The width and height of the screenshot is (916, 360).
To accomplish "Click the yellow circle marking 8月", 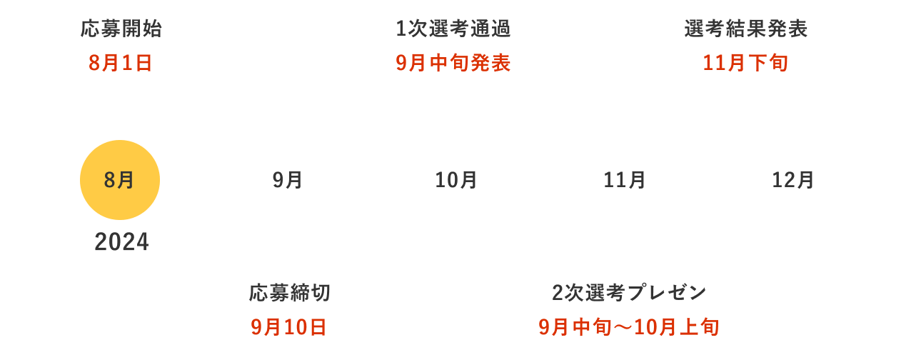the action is point(120,180).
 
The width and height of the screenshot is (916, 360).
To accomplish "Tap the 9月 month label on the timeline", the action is point(288,181).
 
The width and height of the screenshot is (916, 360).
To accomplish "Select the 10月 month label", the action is point(456,181).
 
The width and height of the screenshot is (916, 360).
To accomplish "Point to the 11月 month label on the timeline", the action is point(625,181).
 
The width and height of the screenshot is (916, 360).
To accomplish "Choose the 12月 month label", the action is point(793,181).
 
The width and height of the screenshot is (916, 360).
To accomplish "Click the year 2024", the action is point(121,241).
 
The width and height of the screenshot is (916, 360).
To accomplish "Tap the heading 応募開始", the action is point(121,29).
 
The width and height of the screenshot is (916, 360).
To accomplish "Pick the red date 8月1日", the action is point(120,63).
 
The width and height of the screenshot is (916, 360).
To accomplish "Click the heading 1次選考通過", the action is point(453,29).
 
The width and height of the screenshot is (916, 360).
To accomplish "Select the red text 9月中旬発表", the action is point(453,63).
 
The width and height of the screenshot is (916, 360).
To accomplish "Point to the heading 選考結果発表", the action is point(746,29).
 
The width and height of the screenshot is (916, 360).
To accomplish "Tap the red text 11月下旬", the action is point(745,63).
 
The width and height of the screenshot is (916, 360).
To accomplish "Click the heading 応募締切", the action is point(290,293).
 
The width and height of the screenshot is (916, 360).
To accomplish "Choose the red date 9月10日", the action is point(288,327).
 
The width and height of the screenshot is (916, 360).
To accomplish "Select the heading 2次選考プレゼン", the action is point(629,293).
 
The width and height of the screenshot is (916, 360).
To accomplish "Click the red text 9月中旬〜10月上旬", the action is point(629,327).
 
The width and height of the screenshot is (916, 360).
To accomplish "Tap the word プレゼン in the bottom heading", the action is point(667,293).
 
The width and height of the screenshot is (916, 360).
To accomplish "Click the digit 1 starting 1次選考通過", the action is point(401,29).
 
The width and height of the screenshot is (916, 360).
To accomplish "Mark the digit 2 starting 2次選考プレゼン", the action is point(558,293).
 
